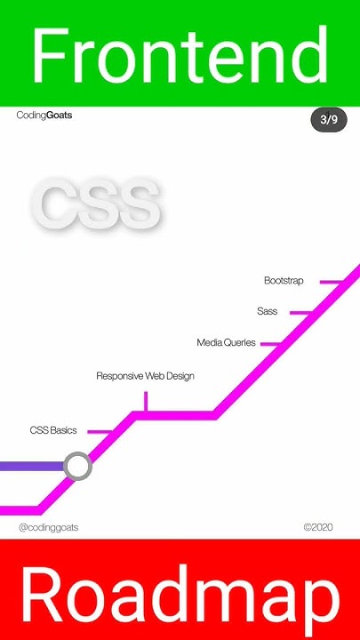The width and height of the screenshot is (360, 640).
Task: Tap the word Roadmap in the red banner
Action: point(180,594)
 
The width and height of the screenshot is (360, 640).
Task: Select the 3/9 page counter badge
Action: point(328,119)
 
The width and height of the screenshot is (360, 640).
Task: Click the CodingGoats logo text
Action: point(44,116)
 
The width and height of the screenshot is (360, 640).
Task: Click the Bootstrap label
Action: point(284,281)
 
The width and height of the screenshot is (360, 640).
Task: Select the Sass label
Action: point(267,312)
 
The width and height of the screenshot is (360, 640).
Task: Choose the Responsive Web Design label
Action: point(145,376)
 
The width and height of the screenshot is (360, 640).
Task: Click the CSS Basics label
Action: point(53,430)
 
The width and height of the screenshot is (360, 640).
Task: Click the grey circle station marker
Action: point(78,466)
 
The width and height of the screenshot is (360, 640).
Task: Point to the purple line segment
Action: point(31,466)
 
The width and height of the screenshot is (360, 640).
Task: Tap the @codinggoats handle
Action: point(49,527)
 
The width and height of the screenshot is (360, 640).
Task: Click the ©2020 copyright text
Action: point(318,527)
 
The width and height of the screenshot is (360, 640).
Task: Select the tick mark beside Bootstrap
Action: point(331,282)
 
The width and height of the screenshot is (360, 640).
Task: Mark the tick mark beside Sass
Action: point(300,313)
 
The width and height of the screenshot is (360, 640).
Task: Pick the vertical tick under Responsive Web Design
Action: point(145,401)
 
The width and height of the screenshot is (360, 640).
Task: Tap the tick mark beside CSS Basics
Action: point(99,432)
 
